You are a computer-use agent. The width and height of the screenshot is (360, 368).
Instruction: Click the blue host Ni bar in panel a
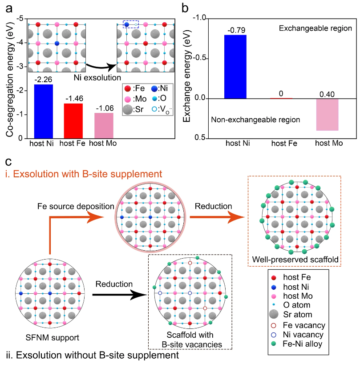[x=43, y=112]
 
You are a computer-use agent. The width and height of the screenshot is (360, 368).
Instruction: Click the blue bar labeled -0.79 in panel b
[x=235, y=67]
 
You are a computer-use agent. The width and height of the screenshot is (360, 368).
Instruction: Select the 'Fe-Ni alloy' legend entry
[x=310, y=344]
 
